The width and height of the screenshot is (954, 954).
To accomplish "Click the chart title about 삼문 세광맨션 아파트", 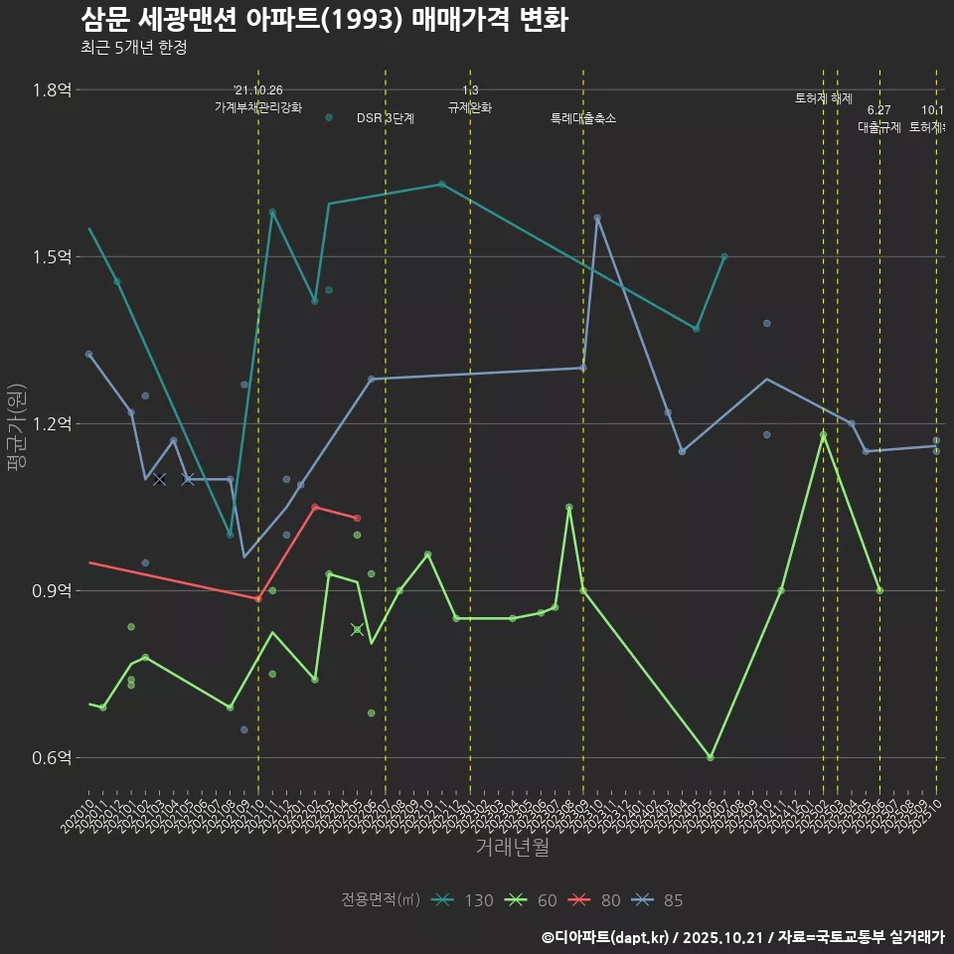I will click(323, 20).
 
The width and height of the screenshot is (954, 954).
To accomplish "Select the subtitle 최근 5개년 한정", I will click(133, 47).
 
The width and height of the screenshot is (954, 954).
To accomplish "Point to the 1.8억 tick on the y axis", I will click(52, 90).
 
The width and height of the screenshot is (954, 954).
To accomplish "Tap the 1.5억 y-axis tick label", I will click(52, 257).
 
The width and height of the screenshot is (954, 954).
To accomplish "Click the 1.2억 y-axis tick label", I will click(52, 424).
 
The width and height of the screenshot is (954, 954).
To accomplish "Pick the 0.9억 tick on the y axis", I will click(52, 591).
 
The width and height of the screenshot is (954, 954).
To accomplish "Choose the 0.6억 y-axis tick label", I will click(52, 758).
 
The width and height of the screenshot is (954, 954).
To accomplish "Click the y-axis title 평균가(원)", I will click(16, 423).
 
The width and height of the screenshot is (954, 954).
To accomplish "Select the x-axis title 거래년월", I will click(512, 847).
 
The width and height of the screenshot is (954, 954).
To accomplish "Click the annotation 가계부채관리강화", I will click(258, 107).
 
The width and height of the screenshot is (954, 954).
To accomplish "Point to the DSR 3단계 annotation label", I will click(386, 118).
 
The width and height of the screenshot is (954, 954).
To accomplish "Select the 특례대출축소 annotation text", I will click(583, 118).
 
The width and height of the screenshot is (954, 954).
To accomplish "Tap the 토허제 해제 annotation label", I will click(824, 98).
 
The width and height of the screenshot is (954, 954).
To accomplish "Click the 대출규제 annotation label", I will click(878, 127).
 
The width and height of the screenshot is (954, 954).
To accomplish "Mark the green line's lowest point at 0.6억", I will click(711, 757).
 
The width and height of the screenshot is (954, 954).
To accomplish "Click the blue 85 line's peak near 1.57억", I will click(597, 218).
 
